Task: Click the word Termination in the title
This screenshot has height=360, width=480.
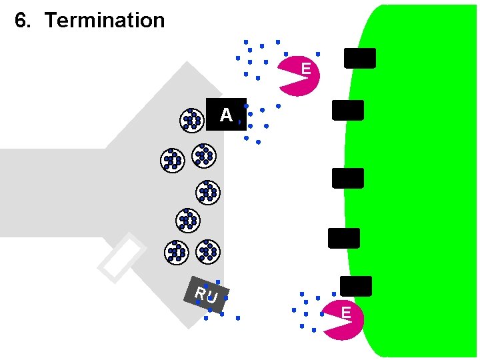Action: coord(105,21)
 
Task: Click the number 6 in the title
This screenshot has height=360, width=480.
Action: coord(22,21)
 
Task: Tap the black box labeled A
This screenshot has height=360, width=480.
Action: coord(226,114)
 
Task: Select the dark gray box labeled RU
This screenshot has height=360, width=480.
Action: coord(207,294)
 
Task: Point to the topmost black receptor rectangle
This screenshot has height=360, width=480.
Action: coord(359,58)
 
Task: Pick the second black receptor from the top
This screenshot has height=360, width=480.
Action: coord(348,110)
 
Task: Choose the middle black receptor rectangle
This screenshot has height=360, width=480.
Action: coord(348,178)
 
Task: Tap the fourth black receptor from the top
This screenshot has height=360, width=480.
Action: coord(344,238)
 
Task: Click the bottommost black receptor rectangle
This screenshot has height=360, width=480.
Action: coord(356,286)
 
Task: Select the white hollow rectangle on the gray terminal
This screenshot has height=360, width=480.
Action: coord(122,258)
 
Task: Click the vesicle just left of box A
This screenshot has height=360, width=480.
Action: coord(192,120)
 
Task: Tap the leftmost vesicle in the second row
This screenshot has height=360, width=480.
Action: coord(173,160)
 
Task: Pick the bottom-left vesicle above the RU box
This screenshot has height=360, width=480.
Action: coord(176,251)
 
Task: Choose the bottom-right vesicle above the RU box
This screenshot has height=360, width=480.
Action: coord(208,251)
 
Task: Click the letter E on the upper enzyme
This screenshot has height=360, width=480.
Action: coord(305,69)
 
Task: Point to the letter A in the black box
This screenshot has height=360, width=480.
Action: coord(226,115)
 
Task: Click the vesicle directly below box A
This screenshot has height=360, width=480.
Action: coord(204,155)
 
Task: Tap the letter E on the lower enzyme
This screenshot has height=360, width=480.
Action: coord(346,313)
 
